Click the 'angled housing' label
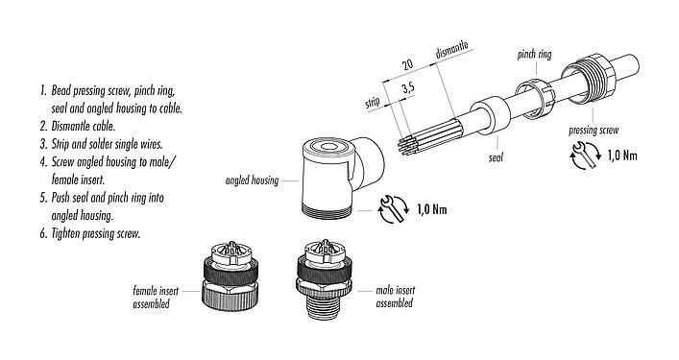pos(252,180)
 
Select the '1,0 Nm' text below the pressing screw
pos(626,156)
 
